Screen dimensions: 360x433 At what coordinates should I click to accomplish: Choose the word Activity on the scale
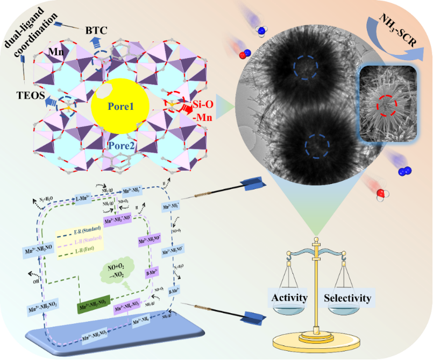pos(289,297)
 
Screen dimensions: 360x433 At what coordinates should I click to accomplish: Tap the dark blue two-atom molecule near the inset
pos(402,172)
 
